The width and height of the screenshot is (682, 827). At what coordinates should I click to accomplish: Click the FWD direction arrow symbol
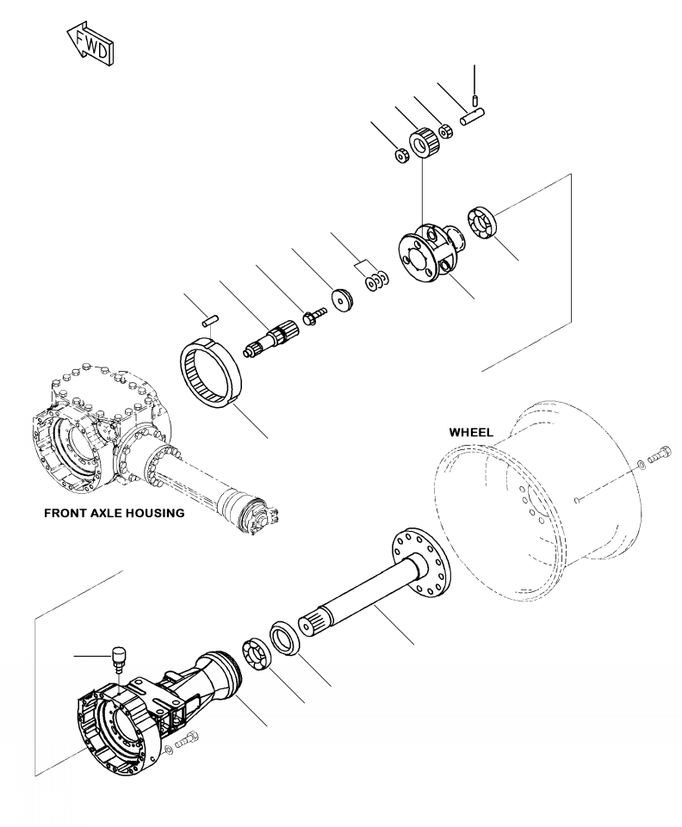pos(90,40)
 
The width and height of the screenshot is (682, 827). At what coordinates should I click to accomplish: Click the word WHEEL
pos(470,433)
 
